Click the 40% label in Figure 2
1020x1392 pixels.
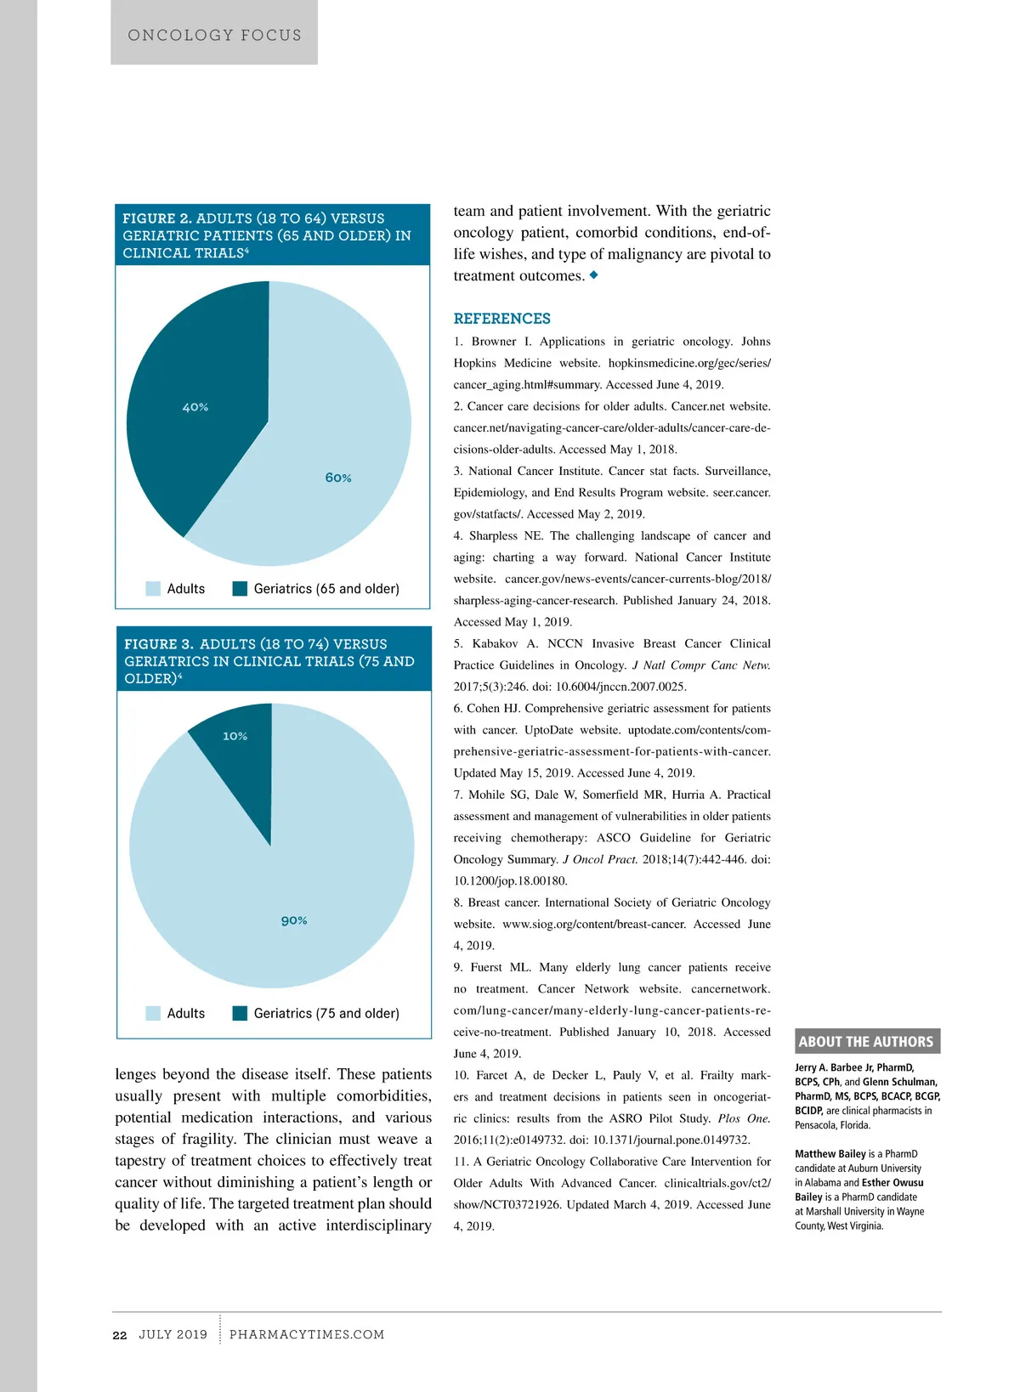pyautogui.click(x=195, y=408)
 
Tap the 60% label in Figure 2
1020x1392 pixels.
pyautogui.click(x=338, y=478)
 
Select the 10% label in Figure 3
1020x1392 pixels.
pyautogui.click(x=235, y=737)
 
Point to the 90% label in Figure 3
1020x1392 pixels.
pyautogui.click(x=294, y=921)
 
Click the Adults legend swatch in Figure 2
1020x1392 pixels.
pyautogui.click(x=153, y=589)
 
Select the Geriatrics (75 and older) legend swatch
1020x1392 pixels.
pyautogui.click(x=240, y=1013)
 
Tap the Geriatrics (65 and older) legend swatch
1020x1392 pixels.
pyautogui.click(x=240, y=589)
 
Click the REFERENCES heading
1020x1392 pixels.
pyautogui.click(x=501, y=319)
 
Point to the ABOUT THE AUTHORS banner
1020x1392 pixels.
pyautogui.click(x=867, y=1042)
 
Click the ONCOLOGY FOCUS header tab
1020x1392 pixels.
pyautogui.click(x=214, y=36)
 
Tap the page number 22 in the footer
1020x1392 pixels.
pyautogui.click(x=120, y=1335)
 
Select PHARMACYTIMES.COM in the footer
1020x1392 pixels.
pyautogui.click(x=307, y=1335)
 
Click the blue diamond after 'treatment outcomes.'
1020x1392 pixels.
pyautogui.click(x=594, y=274)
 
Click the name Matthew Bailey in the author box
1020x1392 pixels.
pyautogui.click(x=830, y=1154)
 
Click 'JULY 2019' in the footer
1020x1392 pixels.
pyautogui.click(x=173, y=1335)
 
